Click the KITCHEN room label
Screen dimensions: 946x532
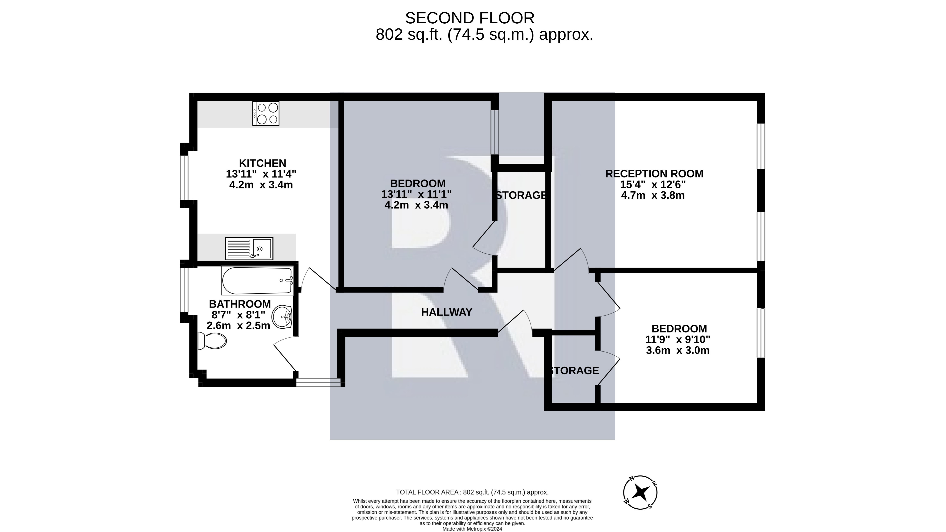(263, 163)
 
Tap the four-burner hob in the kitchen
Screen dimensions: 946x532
(266, 113)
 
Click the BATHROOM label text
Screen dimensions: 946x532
(240, 304)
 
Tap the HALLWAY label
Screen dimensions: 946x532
(447, 312)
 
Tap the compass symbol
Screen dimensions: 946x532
(640, 492)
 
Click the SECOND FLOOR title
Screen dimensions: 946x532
(470, 18)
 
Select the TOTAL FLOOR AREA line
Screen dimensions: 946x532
(472, 492)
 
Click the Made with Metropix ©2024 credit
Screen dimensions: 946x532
(472, 529)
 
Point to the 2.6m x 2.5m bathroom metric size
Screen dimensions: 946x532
(238, 325)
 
